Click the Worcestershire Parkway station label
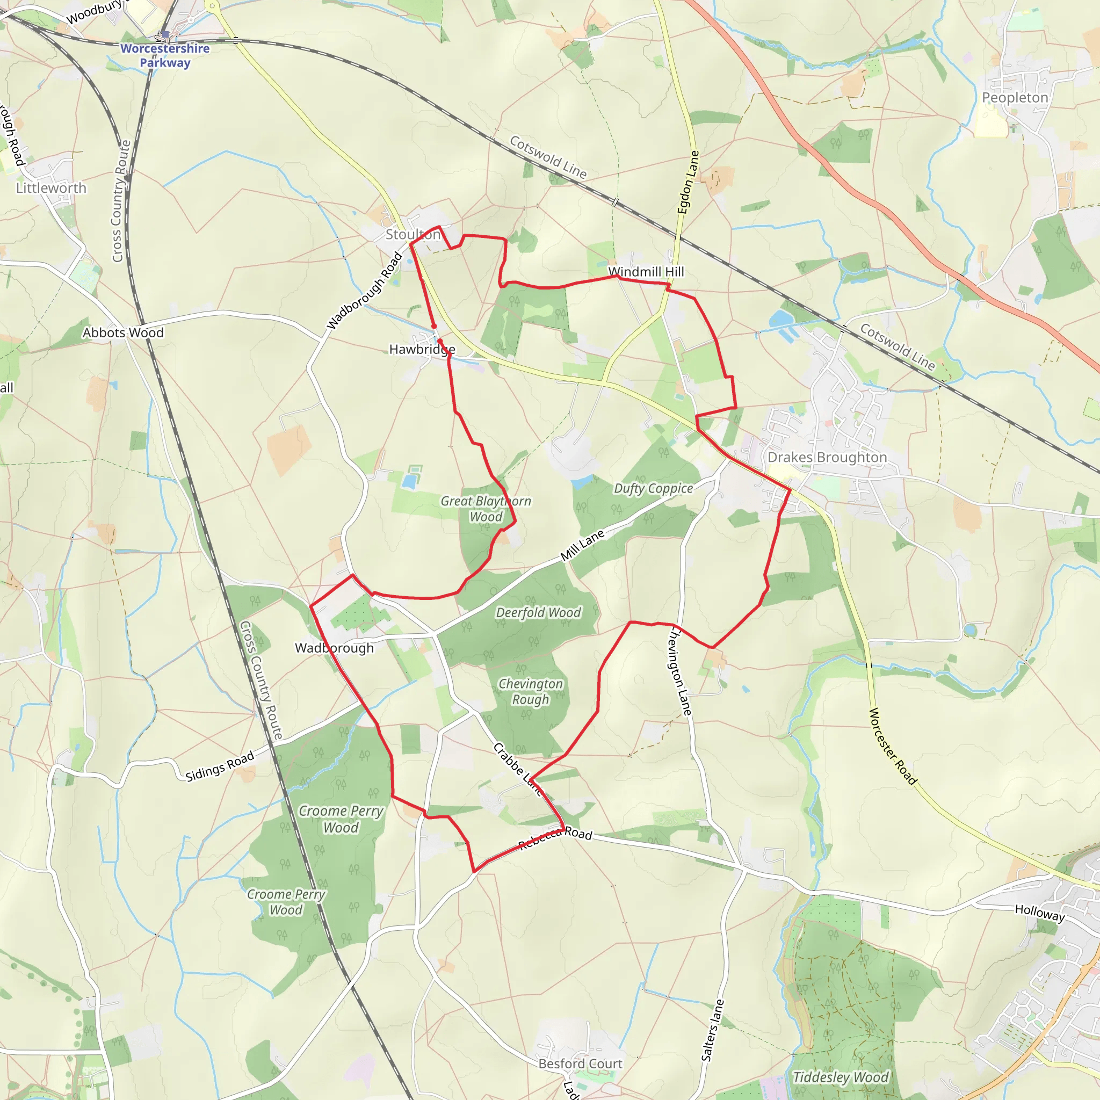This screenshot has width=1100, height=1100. [x=164, y=55]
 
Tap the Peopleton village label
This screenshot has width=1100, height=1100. [x=1015, y=97]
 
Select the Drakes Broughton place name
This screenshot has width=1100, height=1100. [x=827, y=457]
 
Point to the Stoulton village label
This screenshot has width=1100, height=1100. [x=413, y=234]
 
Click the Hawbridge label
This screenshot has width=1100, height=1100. [x=422, y=349]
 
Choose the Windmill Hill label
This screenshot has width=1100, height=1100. [x=646, y=272]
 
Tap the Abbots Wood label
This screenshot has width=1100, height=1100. [x=123, y=332]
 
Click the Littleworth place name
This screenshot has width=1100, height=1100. [x=51, y=188]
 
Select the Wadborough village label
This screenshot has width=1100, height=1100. [x=334, y=648]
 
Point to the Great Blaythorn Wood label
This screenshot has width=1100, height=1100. [x=486, y=509]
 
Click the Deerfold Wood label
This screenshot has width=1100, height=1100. [x=538, y=613]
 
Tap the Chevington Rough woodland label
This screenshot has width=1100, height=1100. [x=531, y=691]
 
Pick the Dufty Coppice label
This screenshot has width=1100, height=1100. [x=653, y=489]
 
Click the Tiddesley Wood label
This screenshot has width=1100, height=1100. [x=841, y=1077]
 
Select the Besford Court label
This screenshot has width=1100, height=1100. [x=580, y=1063]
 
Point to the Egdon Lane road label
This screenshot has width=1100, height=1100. [x=688, y=182]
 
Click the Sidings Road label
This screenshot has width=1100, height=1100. [x=220, y=766]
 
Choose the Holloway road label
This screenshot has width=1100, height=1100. [x=1040, y=913]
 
